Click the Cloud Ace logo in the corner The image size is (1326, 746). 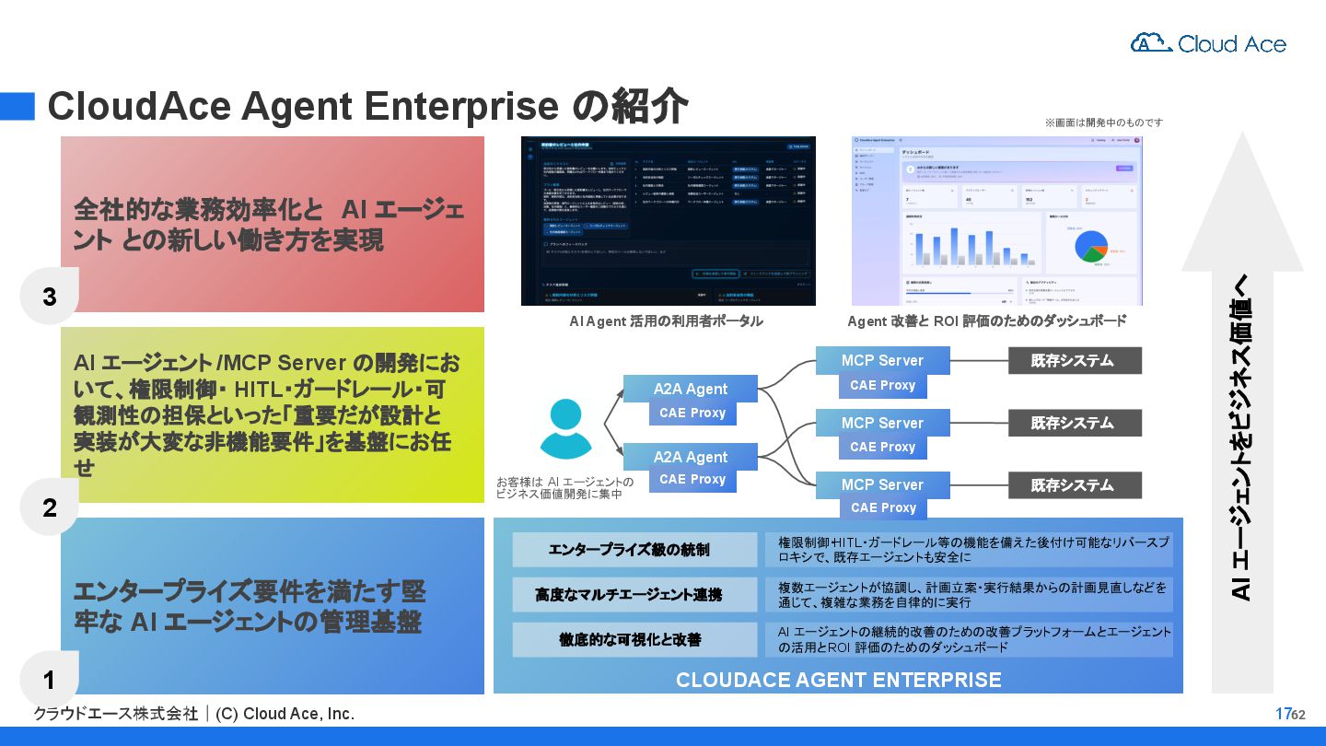[1207, 43]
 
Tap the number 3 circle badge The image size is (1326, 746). [50, 297]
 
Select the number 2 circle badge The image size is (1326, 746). [50, 507]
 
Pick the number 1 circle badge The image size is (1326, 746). [50, 680]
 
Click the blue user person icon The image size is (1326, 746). [565, 429]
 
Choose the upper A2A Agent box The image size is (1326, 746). [691, 389]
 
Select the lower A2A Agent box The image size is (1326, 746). [691, 457]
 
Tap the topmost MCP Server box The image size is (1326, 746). [881, 360]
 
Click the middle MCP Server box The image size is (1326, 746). [881, 423]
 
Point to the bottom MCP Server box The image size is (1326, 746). [881, 484]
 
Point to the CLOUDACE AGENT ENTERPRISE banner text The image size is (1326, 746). [838, 680]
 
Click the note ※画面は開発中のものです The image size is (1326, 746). [1103, 122]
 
